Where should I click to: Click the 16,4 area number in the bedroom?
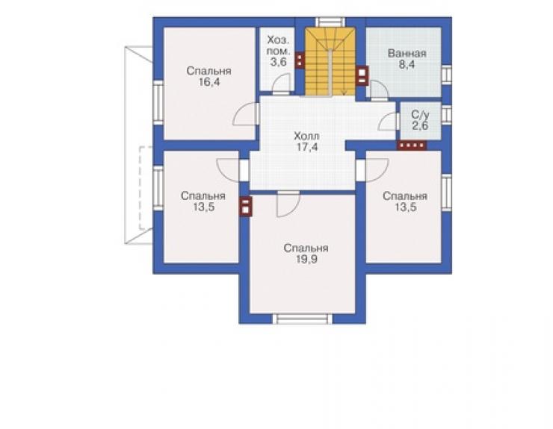click(209, 82)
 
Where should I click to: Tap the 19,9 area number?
click(306, 260)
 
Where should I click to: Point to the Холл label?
click(306, 136)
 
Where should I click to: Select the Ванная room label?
click(407, 54)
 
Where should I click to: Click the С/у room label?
click(421, 115)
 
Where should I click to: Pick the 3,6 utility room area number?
click(278, 63)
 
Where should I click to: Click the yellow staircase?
click(330, 62)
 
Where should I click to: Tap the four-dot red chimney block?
click(412, 145)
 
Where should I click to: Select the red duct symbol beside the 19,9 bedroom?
click(246, 206)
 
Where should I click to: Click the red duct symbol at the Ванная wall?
click(362, 75)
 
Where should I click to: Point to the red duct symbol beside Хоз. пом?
click(300, 60)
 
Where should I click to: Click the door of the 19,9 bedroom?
click(288, 204)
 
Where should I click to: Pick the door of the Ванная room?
click(379, 91)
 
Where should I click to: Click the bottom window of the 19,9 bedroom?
click(303, 319)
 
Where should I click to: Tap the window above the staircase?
click(330, 22)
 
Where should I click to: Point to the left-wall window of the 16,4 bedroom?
click(158, 102)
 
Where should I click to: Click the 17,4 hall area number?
click(307, 147)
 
